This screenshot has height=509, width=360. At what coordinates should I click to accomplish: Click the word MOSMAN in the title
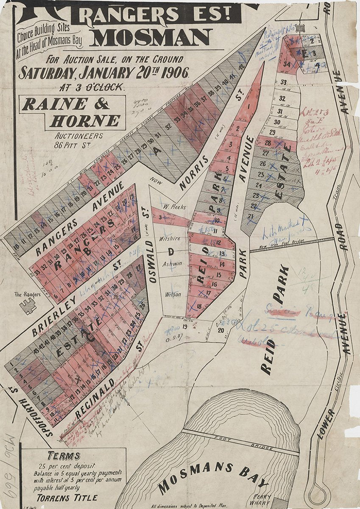pos(151,38)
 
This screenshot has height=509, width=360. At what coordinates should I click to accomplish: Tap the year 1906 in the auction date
pos(173,72)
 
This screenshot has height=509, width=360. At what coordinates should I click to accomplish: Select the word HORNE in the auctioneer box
pos(85,121)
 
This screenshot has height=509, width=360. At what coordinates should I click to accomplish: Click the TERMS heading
pos(64,456)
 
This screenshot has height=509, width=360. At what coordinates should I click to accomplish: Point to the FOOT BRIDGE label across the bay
pos(242,441)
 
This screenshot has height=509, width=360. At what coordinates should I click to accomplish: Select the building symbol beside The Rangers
pos(29,305)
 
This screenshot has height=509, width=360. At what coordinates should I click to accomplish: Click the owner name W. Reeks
pos(172,207)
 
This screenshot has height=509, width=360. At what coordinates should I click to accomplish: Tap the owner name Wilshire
pos(170,238)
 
